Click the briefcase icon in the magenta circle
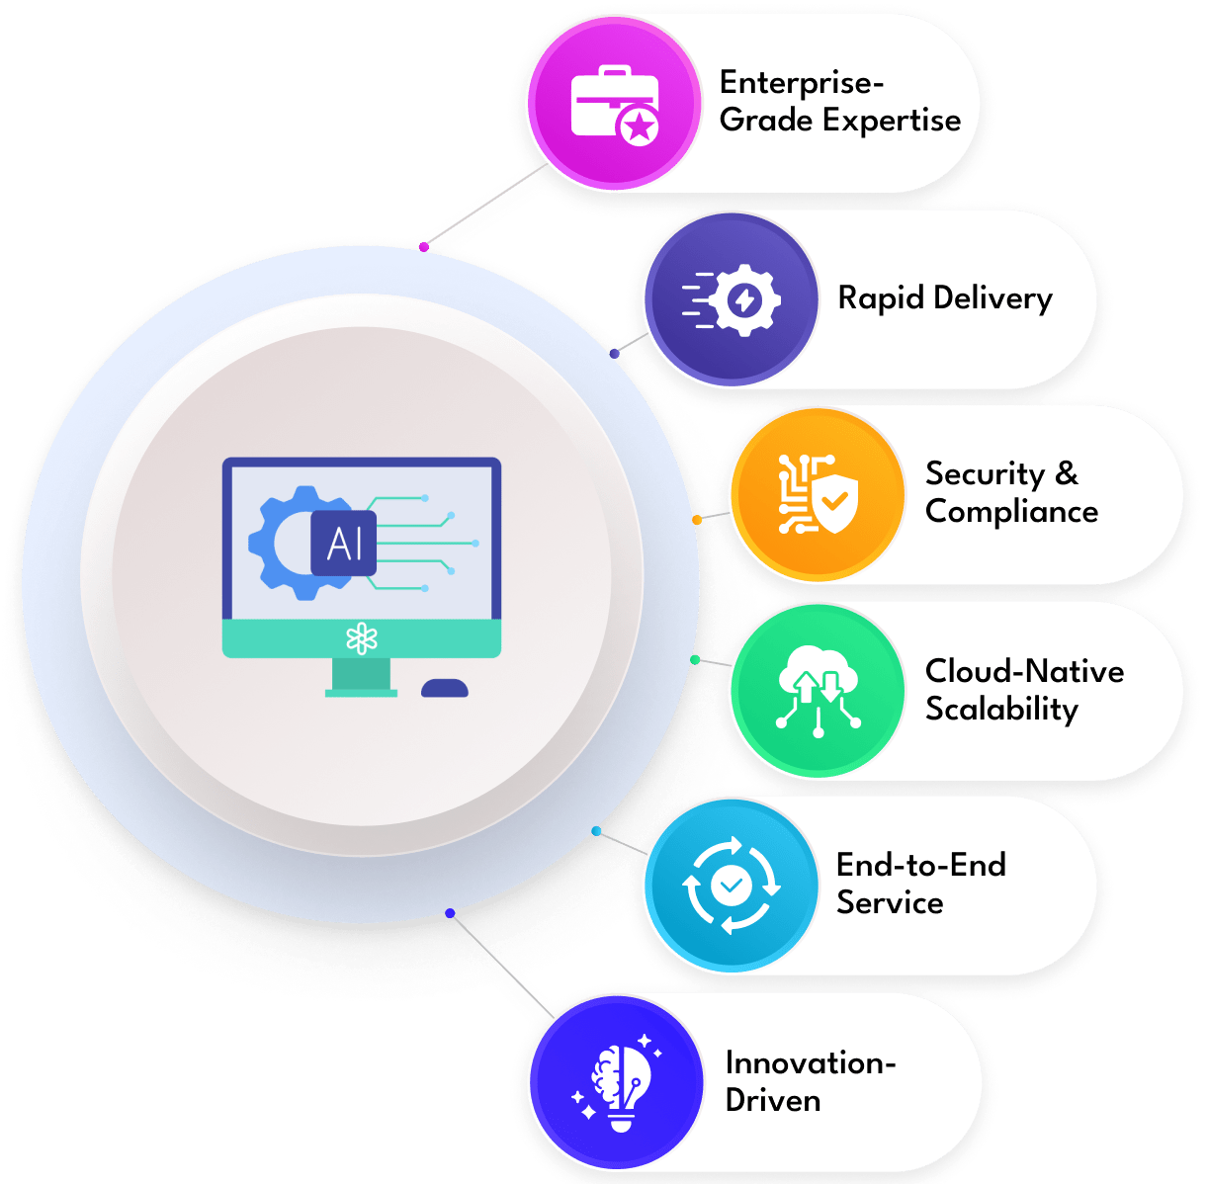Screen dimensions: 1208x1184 tap(615, 105)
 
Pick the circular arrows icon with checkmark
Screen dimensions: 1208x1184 tap(731, 886)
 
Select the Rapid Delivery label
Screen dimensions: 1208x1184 tap(945, 298)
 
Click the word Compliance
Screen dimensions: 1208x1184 tap(1012, 512)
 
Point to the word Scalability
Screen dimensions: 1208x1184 tap(1001, 710)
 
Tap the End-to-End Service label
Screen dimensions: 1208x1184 tap(921, 884)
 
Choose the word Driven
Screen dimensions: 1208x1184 tap(773, 1101)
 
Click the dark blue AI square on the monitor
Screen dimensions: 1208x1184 tap(344, 543)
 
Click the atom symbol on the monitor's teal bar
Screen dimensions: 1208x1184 tap(362, 638)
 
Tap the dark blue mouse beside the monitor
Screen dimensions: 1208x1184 tap(445, 688)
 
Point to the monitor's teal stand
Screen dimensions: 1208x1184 tap(361, 678)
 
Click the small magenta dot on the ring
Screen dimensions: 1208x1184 tap(424, 247)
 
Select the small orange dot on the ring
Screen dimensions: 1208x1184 tap(697, 520)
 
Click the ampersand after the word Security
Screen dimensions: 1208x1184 tap(1067, 473)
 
